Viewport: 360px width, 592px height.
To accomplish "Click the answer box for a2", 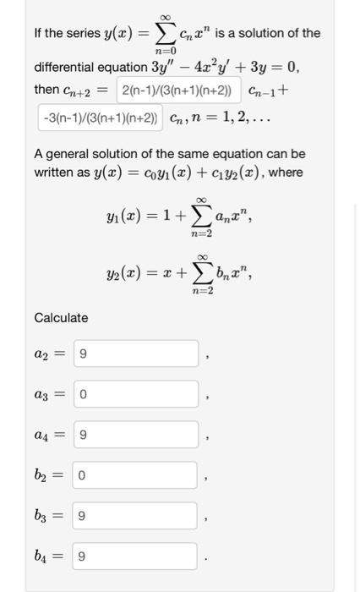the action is click(x=136, y=354).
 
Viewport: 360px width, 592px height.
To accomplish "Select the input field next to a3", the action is click(x=136, y=394).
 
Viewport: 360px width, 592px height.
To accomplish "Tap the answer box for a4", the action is click(x=136, y=435).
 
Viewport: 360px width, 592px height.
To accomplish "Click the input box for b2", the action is click(x=136, y=475).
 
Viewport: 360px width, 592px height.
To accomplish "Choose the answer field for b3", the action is click(x=136, y=516).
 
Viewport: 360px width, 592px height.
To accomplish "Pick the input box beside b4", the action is click(x=136, y=556).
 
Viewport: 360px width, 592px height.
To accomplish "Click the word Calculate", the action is click(x=61, y=318).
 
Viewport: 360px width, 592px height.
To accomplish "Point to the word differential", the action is click(x=66, y=68).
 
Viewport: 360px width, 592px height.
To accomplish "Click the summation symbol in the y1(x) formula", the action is click(x=200, y=217).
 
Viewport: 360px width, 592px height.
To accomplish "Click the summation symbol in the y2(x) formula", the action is click(x=200, y=271).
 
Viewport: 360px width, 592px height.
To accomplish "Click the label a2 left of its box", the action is click(x=45, y=354).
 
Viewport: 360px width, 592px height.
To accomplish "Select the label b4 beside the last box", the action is click(x=45, y=556).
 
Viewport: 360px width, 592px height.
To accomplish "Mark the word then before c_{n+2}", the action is click(x=46, y=90).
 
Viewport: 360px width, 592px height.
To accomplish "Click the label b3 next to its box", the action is click(x=45, y=516).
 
